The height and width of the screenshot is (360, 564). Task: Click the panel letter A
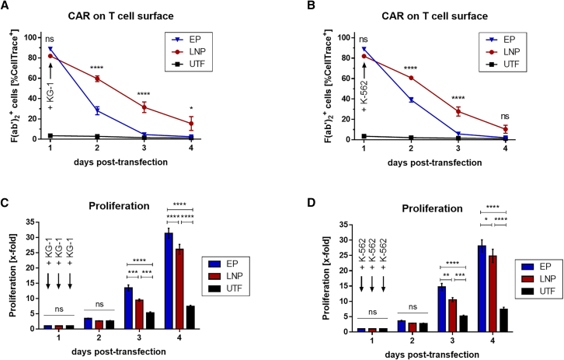point(6,10)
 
